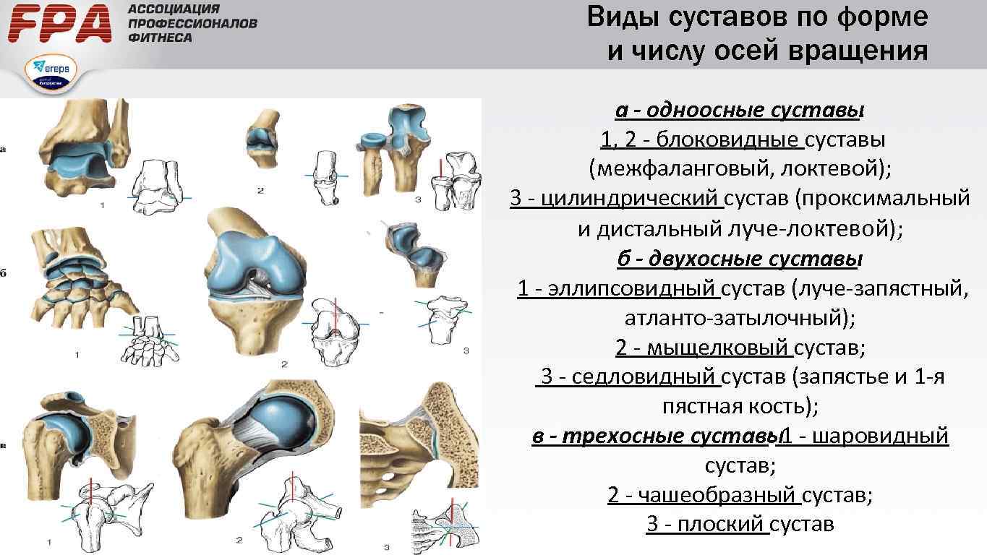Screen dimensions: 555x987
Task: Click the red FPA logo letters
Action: [x=61, y=24]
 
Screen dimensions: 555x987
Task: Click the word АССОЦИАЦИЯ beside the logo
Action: [x=173, y=9]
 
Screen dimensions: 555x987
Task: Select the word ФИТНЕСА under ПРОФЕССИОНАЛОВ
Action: [x=160, y=38]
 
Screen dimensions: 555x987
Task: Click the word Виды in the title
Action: [x=622, y=17]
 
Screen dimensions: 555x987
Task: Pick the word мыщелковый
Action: [x=717, y=348]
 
